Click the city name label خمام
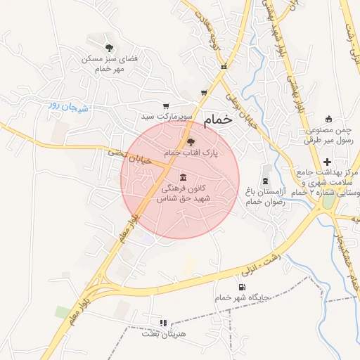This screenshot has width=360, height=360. pos(217,121)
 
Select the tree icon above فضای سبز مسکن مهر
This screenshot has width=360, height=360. pos(109,48)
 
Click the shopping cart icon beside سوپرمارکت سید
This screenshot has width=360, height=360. pos(166,106)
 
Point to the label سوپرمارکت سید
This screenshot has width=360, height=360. pos(162,115)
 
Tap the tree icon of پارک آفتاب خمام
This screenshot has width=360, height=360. pos(191,141)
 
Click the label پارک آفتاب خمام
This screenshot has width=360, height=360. pos(191,152)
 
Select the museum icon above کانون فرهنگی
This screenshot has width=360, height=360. pos(184,176)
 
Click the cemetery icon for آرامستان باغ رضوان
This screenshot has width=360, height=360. pos(266,169)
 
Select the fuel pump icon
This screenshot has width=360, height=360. pos(243,286)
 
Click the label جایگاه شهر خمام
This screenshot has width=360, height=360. pos(243,297)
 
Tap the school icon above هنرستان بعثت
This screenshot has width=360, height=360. pos(163,323)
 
